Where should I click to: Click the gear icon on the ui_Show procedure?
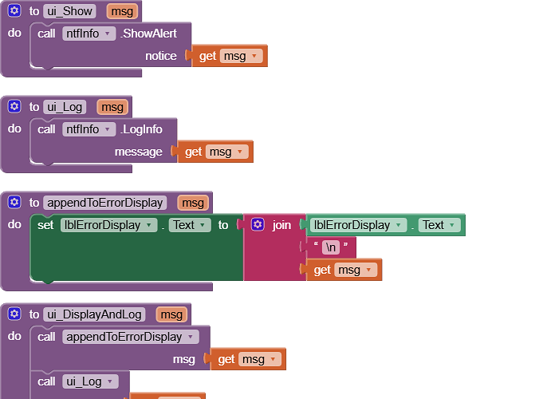coord(14,11)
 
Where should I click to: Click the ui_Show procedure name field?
coord(69,11)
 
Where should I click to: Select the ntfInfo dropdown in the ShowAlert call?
coord(89,34)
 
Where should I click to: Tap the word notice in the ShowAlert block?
coord(160,56)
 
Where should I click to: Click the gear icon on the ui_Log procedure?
coord(14,107)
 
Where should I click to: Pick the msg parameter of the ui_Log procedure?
coord(112,107)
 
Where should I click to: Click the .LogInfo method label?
coord(143,129)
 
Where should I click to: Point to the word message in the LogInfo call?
coord(138,152)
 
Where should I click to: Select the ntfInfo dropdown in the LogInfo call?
coord(89,129)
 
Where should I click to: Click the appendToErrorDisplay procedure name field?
coord(105,203)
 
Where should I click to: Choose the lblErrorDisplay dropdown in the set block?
coord(109,225)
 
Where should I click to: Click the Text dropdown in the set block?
coord(189,225)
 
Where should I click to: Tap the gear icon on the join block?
coord(258,225)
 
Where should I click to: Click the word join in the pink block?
coord(281,225)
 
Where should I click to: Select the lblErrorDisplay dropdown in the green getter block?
coord(358,225)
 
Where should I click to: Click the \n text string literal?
coord(331,247)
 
